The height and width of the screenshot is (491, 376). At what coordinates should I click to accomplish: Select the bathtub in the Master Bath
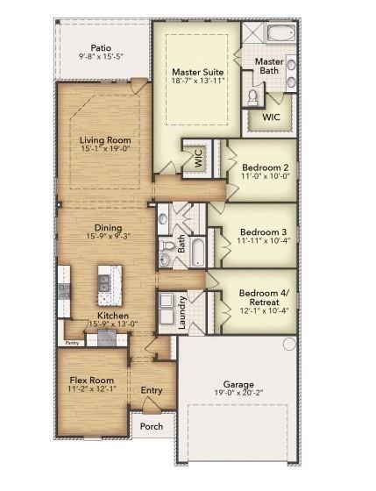click(282, 36)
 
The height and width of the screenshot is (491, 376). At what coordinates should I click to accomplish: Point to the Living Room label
click(105, 140)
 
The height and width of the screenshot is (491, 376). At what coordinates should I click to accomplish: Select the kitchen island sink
click(106, 281)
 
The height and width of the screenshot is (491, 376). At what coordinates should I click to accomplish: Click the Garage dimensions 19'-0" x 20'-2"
click(238, 394)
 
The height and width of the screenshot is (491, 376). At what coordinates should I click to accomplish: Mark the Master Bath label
click(270, 66)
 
